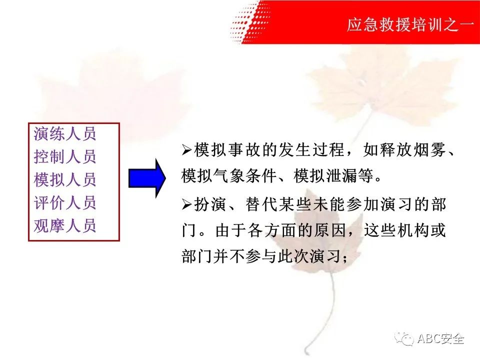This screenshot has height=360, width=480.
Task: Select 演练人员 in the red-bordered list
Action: click(x=65, y=134)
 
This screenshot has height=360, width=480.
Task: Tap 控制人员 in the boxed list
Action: click(x=65, y=156)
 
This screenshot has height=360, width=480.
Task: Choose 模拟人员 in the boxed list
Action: click(x=65, y=179)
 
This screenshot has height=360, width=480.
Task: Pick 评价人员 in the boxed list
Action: click(x=65, y=202)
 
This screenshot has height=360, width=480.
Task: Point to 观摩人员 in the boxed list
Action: click(x=65, y=225)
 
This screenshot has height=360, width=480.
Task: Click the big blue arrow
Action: click(x=147, y=178)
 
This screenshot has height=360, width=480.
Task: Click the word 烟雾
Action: click(x=430, y=150)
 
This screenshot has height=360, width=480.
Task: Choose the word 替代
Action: click(x=261, y=204)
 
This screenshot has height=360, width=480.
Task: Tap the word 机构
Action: click(x=413, y=230)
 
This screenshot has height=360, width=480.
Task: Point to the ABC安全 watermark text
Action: click(x=441, y=338)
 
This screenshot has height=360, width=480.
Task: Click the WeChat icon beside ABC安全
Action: click(x=404, y=339)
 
